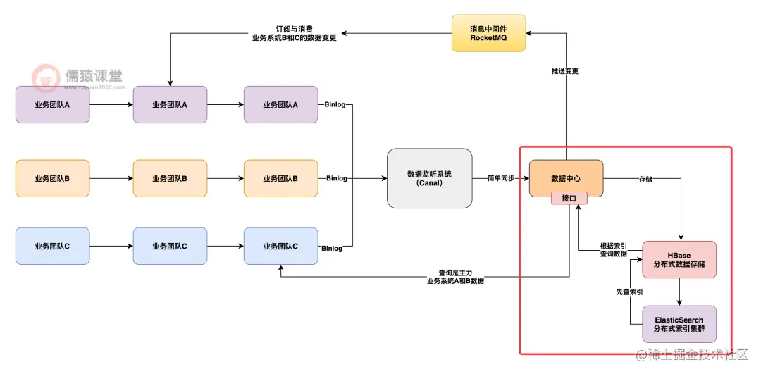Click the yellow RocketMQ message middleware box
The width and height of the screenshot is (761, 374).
coord(488,32)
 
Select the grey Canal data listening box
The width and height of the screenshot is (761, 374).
coord(429,178)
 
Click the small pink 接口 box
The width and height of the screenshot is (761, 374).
coord(569,199)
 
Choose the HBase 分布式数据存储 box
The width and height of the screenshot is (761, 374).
coord(679,259)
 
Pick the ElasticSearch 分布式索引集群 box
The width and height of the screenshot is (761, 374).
coord(679,324)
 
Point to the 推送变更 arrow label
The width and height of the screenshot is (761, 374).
coord(566,71)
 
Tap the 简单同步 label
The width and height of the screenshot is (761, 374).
coord(500,179)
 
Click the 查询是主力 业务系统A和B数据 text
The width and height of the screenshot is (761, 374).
coord(454,276)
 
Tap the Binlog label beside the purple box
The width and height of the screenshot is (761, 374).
coord(335,105)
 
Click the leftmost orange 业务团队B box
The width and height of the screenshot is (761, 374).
coord(52,178)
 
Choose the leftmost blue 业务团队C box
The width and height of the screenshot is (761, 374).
coord(52,247)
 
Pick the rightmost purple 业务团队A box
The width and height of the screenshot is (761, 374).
coord(280,104)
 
